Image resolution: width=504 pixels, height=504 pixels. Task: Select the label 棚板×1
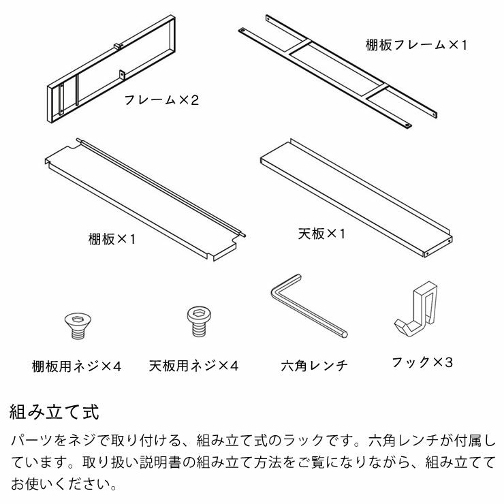click(x=112, y=239)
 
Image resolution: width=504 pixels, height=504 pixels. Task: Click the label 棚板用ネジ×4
click(x=76, y=366)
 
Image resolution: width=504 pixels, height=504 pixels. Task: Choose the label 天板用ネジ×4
click(x=193, y=366)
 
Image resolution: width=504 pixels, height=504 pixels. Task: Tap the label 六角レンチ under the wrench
click(x=314, y=366)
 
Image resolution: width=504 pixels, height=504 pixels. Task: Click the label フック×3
click(x=422, y=362)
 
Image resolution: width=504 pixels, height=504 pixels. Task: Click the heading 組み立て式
click(x=54, y=413)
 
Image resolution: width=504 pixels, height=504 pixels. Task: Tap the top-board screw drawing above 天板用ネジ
click(x=197, y=319)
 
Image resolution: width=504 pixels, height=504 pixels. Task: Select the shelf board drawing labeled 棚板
click(x=143, y=198)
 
